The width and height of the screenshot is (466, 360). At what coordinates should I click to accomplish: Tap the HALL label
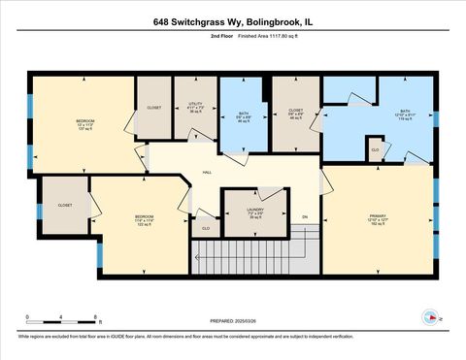click(x=207, y=171)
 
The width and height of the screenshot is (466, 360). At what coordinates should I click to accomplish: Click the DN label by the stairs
click(x=304, y=215)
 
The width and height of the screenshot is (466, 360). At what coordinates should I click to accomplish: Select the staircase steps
click(x=257, y=256)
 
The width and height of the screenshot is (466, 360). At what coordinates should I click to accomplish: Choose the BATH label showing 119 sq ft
click(x=406, y=115)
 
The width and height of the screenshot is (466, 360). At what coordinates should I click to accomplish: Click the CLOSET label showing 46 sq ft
click(x=296, y=115)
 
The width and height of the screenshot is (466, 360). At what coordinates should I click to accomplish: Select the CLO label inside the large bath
click(x=375, y=150)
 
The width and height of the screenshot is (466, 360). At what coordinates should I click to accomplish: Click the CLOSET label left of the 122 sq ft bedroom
click(x=65, y=206)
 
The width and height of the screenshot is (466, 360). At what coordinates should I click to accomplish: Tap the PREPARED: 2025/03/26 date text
click(x=234, y=319)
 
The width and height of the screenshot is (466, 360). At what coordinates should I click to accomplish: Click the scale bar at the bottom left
click(x=61, y=318)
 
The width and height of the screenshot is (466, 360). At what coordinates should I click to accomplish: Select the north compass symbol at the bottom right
click(x=428, y=316)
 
